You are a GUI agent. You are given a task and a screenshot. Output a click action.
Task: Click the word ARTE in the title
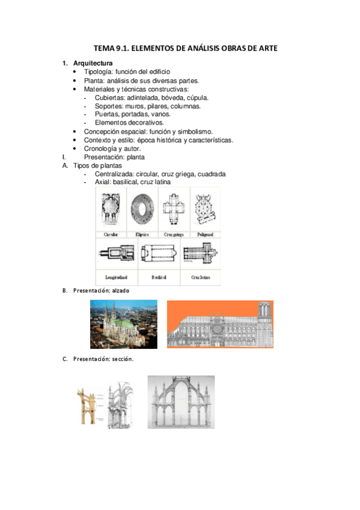[x=268, y=48]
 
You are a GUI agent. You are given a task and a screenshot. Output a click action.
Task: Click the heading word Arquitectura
[x=93, y=63]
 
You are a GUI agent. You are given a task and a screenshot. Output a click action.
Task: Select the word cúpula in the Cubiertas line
[x=198, y=97]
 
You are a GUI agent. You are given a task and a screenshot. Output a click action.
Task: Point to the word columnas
[x=186, y=106]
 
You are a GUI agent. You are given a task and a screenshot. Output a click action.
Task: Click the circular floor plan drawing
[x=111, y=209]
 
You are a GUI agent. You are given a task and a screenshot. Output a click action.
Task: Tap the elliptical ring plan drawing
[x=142, y=209]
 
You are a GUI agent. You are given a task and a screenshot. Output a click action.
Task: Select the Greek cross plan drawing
[x=174, y=209]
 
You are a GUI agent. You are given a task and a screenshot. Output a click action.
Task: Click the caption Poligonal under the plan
[x=206, y=235]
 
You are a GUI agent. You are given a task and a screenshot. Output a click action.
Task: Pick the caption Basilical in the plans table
[x=159, y=277]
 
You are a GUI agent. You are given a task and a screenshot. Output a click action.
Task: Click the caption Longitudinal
[x=117, y=277]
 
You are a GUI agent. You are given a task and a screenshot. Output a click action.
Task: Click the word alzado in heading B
[x=121, y=290]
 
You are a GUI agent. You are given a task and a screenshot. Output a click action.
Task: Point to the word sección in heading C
[x=123, y=359]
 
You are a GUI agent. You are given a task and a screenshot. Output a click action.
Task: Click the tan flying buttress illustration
[x=87, y=405]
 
